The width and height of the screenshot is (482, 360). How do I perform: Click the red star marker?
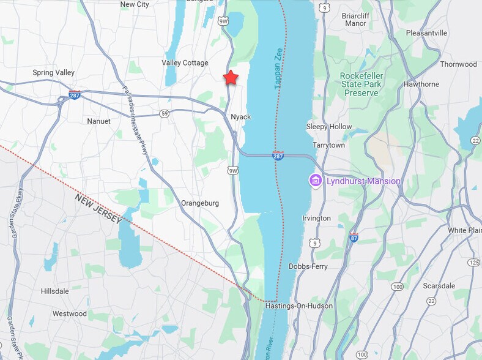[x=231, y=78]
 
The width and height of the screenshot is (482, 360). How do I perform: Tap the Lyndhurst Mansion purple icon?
[x=316, y=181]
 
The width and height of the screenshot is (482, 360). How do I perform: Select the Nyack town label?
[x=241, y=117]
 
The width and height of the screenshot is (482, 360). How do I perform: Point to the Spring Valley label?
[x=53, y=72]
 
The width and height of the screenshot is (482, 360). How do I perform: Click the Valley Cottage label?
[x=185, y=63]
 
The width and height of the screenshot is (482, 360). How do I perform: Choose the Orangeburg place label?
[x=200, y=203]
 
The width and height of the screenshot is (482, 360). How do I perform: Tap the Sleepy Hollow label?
[x=329, y=127]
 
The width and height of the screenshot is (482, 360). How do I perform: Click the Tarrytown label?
[x=329, y=145]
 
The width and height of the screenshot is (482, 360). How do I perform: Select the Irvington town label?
[x=317, y=219]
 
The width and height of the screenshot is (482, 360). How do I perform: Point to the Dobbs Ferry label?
[x=308, y=267]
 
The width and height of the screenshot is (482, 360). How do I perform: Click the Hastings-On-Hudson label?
[x=299, y=306]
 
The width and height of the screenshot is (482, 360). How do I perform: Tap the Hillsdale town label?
[x=54, y=291]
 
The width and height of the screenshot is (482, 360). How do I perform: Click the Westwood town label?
[x=69, y=313]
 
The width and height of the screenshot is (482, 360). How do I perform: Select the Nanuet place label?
[x=98, y=121]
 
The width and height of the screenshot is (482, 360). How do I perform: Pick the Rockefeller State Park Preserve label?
[x=361, y=84]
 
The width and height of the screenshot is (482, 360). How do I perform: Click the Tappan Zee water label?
[x=278, y=69]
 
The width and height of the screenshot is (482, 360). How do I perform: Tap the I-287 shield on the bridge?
[x=278, y=156]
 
